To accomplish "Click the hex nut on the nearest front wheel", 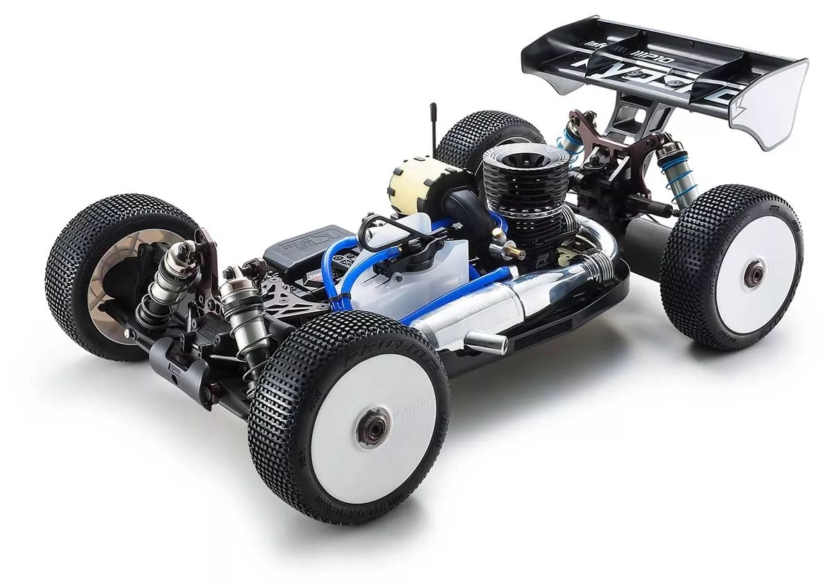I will point(373,429).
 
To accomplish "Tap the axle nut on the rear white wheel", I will point(754,273).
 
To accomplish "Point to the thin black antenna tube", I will point(434,128).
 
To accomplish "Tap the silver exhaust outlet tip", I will point(485,342).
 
